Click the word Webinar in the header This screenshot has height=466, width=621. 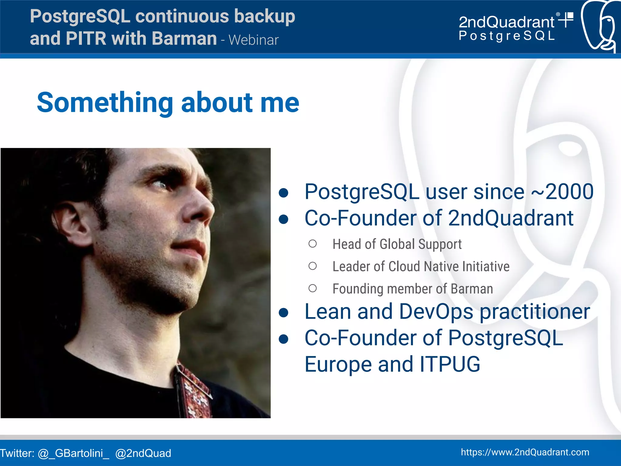pos(253,40)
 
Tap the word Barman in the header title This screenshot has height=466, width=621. pos(184,39)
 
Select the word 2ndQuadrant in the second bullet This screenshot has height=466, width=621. pos(511,218)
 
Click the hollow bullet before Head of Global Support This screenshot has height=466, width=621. pos(312,244)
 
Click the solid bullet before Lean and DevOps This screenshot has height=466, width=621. pos(284,313)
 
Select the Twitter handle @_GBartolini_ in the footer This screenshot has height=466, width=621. pos(73,453)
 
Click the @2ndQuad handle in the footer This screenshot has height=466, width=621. pos(143,453)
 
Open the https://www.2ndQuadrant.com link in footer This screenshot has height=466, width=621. pos(525,452)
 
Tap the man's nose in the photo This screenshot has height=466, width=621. pos(200,209)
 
